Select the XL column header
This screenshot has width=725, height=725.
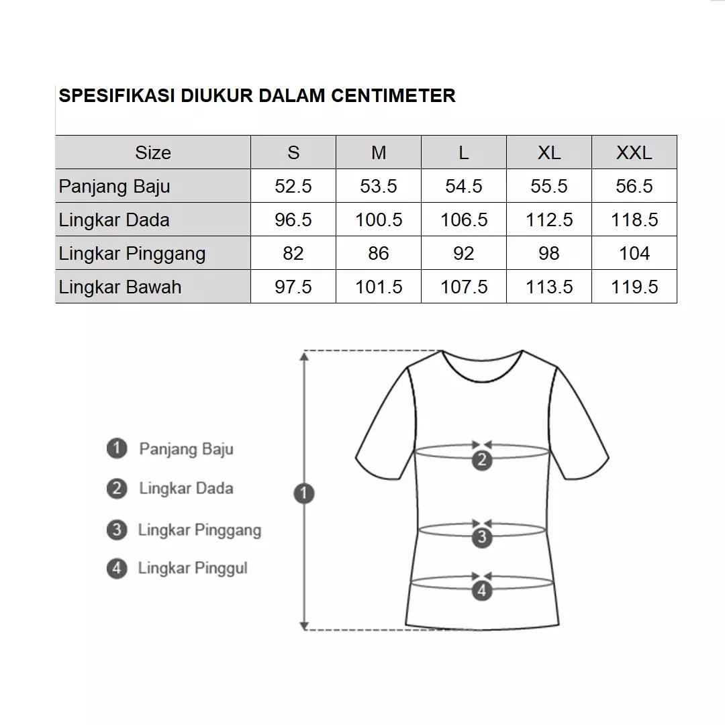pyautogui.click(x=549, y=152)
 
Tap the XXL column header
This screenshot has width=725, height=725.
pyautogui.click(x=634, y=152)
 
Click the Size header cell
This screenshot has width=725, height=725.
pyautogui.click(x=153, y=152)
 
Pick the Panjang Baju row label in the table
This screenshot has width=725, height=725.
pyautogui.click(x=114, y=186)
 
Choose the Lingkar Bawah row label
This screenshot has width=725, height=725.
pyautogui.click(x=120, y=287)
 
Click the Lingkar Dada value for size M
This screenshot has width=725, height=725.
pyautogui.click(x=379, y=220)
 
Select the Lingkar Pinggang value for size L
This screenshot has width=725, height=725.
pyautogui.click(x=464, y=253)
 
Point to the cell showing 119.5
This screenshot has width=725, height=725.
pyautogui.click(x=634, y=287)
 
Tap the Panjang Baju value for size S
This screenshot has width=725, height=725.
pyautogui.click(x=293, y=186)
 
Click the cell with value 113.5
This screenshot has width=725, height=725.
pyautogui.click(x=549, y=287)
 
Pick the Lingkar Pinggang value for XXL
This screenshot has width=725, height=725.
pyautogui.click(x=634, y=253)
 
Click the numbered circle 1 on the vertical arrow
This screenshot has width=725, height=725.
pyautogui.click(x=304, y=494)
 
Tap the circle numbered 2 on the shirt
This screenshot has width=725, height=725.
pyautogui.click(x=482, y=461)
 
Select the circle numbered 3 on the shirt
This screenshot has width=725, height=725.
pyautogui.click(x=482, y=537)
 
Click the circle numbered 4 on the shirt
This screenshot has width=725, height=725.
pyautogui.click(x=482, y=591)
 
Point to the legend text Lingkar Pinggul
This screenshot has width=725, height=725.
pyautogui.click(x=193, y=569)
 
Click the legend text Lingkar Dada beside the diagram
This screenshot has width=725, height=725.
pyautogui.click(x=186, y=488)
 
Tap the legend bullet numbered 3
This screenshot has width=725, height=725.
pyautogui.click(x=117, y=530)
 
